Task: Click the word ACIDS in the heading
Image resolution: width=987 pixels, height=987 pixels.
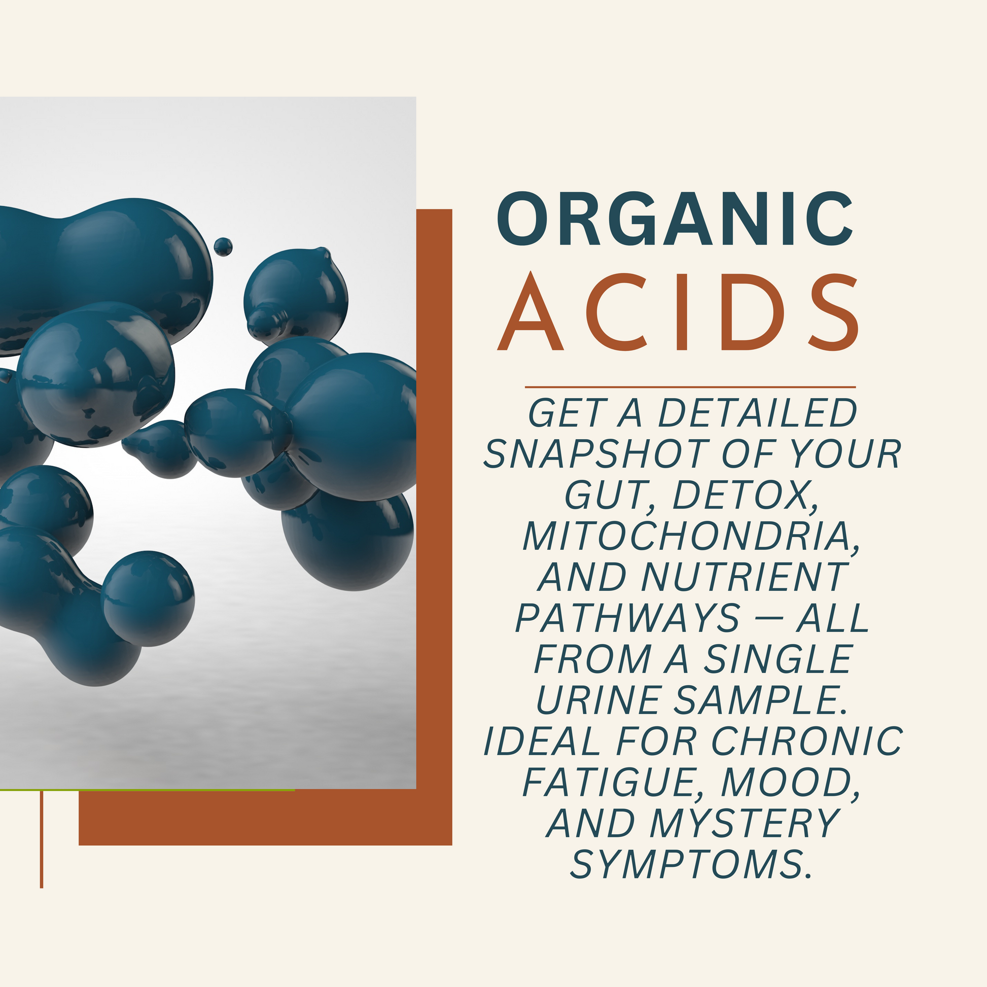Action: tap(678, 312)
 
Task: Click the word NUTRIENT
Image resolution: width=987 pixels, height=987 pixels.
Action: tap(744, 577)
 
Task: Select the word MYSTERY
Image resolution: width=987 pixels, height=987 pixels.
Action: tap(745, 823)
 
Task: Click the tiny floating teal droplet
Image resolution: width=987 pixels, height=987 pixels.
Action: tap(223, 246)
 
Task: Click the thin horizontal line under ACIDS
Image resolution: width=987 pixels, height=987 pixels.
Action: tap(690, 387)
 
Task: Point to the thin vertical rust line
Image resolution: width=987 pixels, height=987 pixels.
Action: tap(42, 840)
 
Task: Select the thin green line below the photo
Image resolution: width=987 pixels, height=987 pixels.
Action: tap(147, 790)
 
